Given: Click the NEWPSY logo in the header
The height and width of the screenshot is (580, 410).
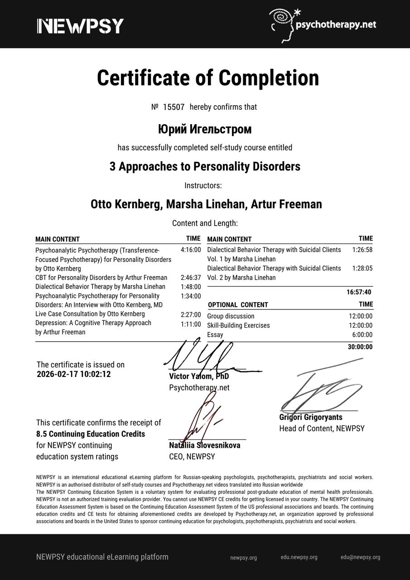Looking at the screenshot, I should [x=80, y=26].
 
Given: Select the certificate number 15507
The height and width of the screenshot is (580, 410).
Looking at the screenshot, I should [x=174, y=107].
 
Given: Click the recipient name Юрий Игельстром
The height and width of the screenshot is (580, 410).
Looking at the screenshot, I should [x=205, y=130].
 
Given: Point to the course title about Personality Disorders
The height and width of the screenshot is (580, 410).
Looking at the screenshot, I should [x=205, y=167].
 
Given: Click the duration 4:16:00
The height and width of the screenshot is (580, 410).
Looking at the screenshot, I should [x=190, y=250].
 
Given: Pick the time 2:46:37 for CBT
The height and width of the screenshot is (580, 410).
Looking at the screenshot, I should [x=190, y=277].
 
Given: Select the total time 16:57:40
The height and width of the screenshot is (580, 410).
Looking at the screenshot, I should [x=359, y=292].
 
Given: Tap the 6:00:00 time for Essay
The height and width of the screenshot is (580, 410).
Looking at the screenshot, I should [x=362, y=335].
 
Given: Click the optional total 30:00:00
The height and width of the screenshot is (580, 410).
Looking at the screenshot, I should [x=360, y=347].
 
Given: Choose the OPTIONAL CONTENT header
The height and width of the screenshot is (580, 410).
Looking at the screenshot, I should [x=238, y=305].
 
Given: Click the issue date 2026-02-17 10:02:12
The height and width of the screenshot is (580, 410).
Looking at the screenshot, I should [x=73, y=375].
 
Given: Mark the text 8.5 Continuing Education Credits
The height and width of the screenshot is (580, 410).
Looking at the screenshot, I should [x=91, y=434].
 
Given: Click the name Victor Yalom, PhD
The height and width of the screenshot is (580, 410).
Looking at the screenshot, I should [x=199, y=377].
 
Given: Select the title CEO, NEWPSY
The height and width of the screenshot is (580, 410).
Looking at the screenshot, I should [x=192, y=457].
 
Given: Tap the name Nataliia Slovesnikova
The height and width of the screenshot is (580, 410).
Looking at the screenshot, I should [x=205, y=445].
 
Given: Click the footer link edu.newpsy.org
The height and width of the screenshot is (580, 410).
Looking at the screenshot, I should [x=299, y=557].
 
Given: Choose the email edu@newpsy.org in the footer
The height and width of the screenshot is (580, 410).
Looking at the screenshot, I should [x=360, y=557].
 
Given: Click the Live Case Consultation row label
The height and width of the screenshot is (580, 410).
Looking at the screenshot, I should [x=90, y=314].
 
